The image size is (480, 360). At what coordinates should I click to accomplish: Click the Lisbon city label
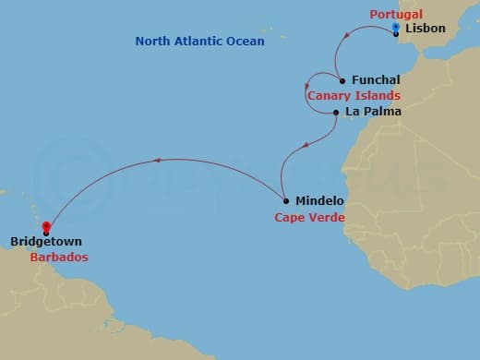pos(426,29)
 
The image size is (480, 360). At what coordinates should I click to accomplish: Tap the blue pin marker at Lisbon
pos(395,29)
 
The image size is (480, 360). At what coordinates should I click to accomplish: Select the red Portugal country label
pos(396,15)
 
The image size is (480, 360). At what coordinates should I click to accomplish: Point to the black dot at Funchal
pos(342,80)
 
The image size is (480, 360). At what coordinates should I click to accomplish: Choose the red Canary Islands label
pos(354,95)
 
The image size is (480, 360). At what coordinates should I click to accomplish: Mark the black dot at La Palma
pos(336,113)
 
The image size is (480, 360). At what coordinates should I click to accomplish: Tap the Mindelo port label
pos(318,200)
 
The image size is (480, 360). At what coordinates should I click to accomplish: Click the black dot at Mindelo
pos(286,200)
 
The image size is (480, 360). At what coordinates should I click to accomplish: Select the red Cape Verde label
pos(309,218)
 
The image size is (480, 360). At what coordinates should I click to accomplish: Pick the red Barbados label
pos(58,257)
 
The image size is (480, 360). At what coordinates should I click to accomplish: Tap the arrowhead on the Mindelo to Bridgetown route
pos(157,161)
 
